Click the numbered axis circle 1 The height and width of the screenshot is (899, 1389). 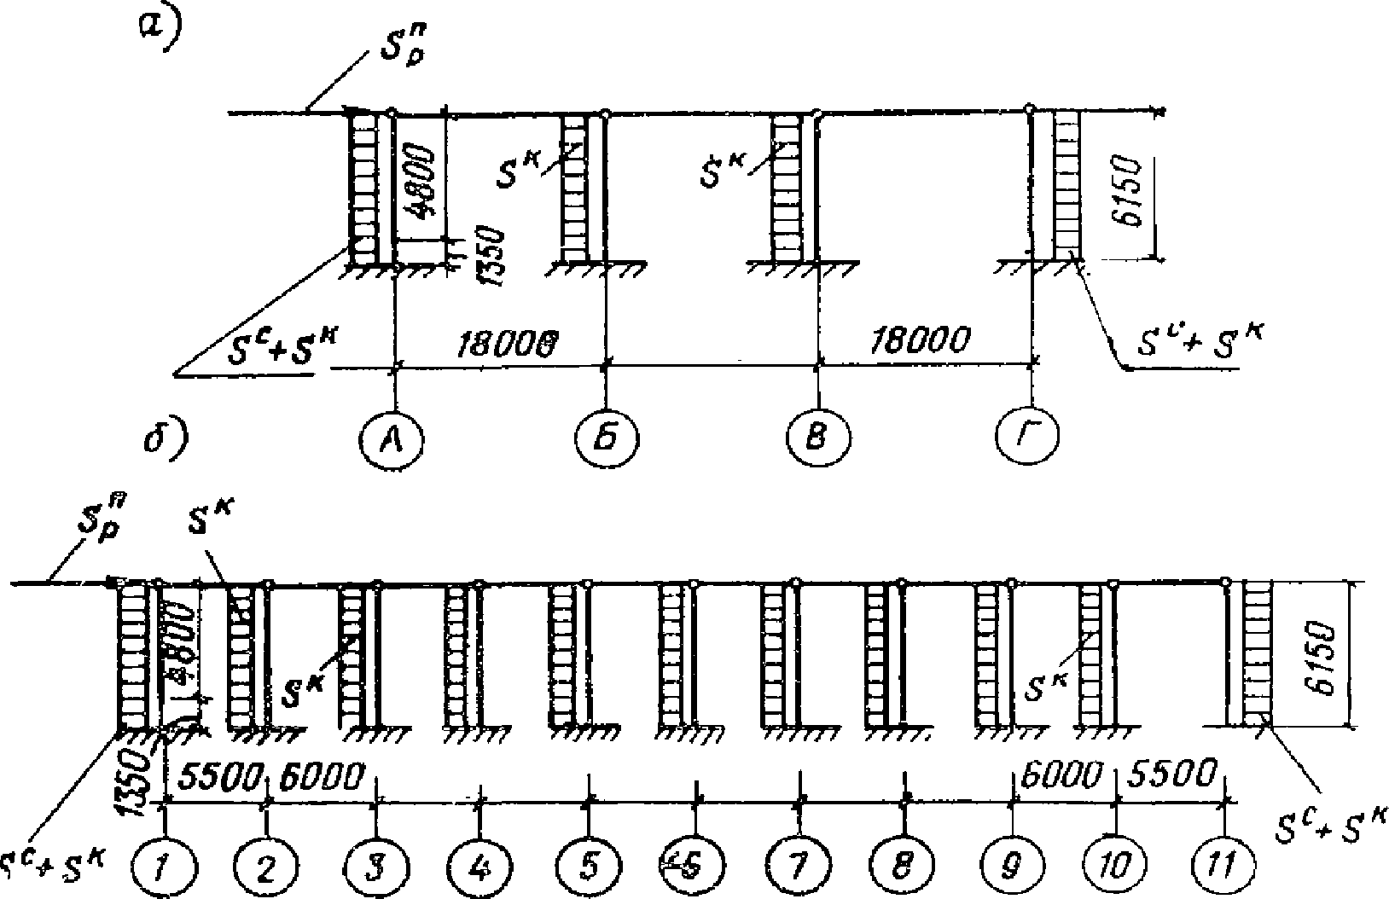165,867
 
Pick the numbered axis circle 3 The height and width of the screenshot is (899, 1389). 376,867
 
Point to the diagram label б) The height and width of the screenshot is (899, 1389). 165,438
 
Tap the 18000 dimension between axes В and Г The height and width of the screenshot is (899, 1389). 920,340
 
